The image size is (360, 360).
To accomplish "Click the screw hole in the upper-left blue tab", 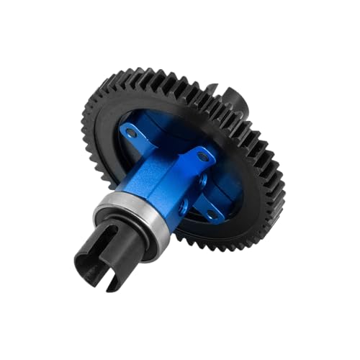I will coord(130,130).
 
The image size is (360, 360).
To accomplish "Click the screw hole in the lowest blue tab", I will coord(210,214).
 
